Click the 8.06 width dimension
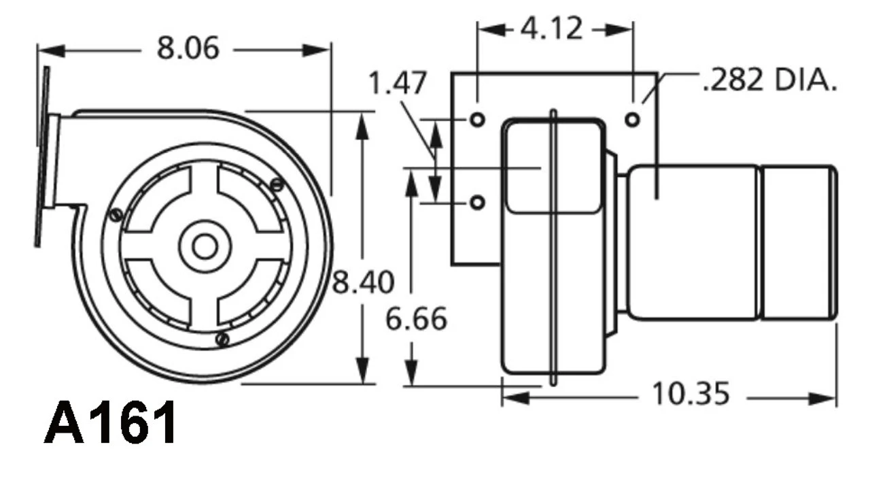[188, 48]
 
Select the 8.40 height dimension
[362, 282]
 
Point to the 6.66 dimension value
[416, 318]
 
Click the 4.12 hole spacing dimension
[551, 29]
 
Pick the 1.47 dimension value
[398, 84]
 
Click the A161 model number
[111, 423]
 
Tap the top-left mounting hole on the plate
[478, 120]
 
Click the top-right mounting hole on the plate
[632, 120]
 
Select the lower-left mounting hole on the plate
[478, 202]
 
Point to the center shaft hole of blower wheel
[204, 246]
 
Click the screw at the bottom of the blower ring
[221, 338]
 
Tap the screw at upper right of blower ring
[276, 184]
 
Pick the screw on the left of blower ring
[116, 215]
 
